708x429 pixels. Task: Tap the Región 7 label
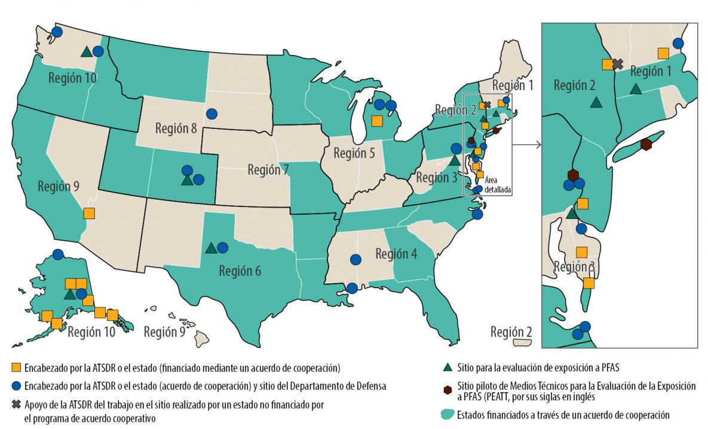coord(268,170)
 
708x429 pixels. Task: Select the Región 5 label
coord(354,153)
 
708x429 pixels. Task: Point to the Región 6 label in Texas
coord(240,270)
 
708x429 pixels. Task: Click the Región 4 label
coord(396,253)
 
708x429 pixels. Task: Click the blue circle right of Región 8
coord(211,113)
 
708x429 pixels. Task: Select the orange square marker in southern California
coord(89,213)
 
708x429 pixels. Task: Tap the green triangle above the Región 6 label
coord(210,248)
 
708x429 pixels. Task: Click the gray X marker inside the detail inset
coord(618,64)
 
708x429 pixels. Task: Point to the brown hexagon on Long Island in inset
coord(646,144)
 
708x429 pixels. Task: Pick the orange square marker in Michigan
coord(376,121)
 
